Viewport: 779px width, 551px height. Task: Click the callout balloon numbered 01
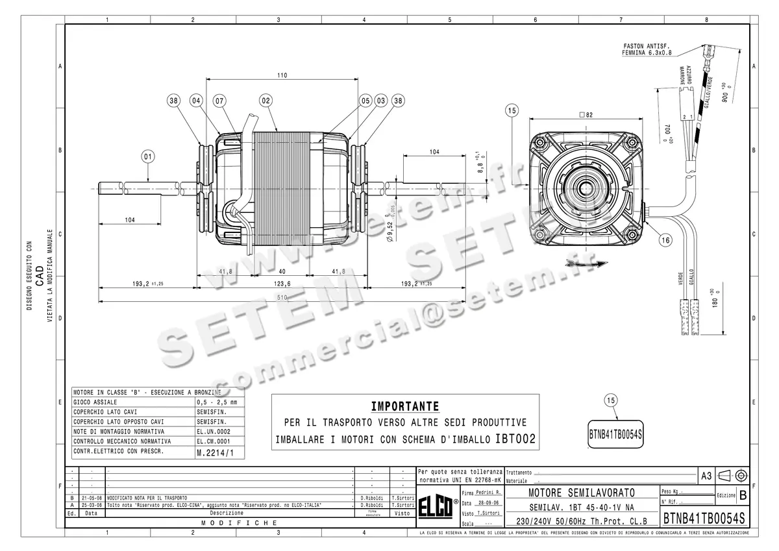click(149, 156)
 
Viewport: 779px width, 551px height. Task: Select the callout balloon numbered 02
click(265, 101)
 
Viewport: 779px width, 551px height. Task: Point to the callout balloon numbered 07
click(219, 101)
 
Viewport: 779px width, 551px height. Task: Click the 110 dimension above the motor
click(282, 75)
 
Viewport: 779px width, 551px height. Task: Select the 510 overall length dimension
click(282, 297)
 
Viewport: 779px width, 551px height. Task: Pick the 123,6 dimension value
click(282, 284)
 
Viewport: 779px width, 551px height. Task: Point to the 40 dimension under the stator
click(282, 271)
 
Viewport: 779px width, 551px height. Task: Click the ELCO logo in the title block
click(438, 508)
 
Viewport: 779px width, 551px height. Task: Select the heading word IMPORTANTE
click(404, 407)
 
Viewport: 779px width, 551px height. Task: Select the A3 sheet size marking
click(705, 475)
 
